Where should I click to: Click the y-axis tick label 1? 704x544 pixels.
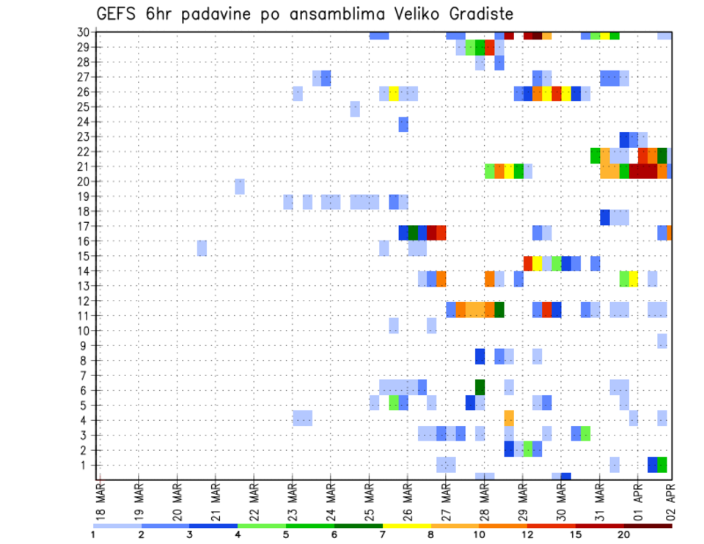pyautogui.click(x=85, y=465)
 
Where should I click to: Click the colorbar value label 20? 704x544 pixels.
pyautogui.click(x=624, y=534)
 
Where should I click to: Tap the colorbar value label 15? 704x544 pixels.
pyautogui.click(x=576, y=534)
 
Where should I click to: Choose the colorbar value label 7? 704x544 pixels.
pyautogui.click(x=383, y=534)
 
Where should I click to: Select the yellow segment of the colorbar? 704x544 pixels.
pyautogui.click(x=406, y=525)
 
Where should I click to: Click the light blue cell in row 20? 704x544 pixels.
pyautogui.click(x=240, y=186)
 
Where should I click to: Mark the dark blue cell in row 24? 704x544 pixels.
pyautogui.click(x=403, y=125)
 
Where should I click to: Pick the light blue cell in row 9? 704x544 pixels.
pyautogui.click(x=662, y=341)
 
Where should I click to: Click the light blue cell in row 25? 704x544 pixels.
pyautogui.click(x=355, y=109)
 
